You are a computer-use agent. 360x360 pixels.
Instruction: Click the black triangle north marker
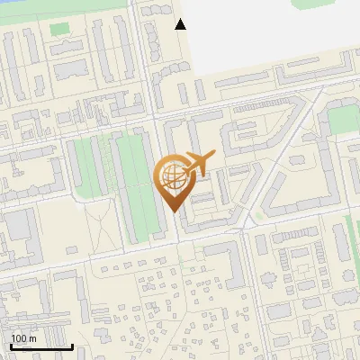[181, 24]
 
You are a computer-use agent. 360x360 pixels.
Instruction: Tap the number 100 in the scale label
[19, 338]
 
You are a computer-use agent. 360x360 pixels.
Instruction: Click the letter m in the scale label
[32, 338]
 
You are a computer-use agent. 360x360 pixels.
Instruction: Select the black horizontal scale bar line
[41, 346]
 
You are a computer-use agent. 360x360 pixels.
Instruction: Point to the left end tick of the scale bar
[11, 345]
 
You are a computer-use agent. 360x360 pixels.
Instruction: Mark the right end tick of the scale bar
[72, 345]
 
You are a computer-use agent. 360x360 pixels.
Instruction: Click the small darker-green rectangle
[58, 29]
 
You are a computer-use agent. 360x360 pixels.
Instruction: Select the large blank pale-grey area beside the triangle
[270, 36]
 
